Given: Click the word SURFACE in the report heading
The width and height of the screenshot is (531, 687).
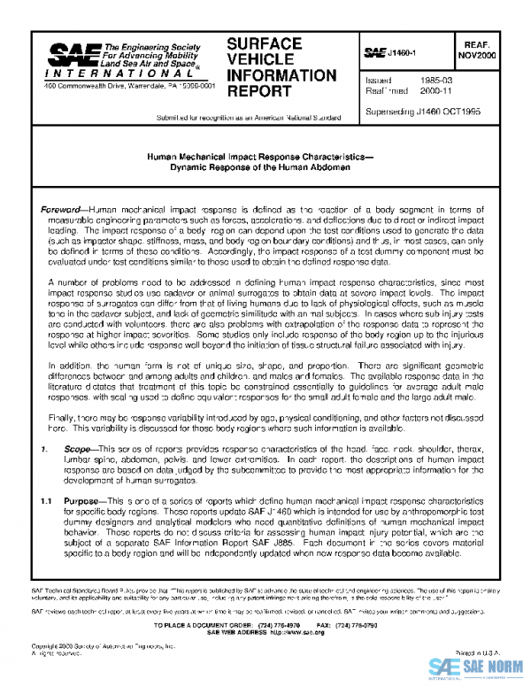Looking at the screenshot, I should click(x=263, y=43).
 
